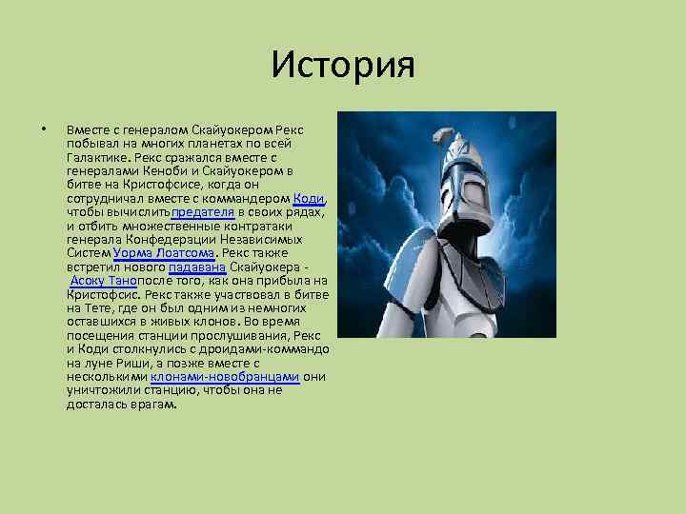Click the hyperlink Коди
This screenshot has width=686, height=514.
click(x=310, y=198)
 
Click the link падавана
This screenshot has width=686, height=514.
click(x=196, y=267)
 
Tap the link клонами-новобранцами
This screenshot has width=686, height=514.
click(x=225, y=377)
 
